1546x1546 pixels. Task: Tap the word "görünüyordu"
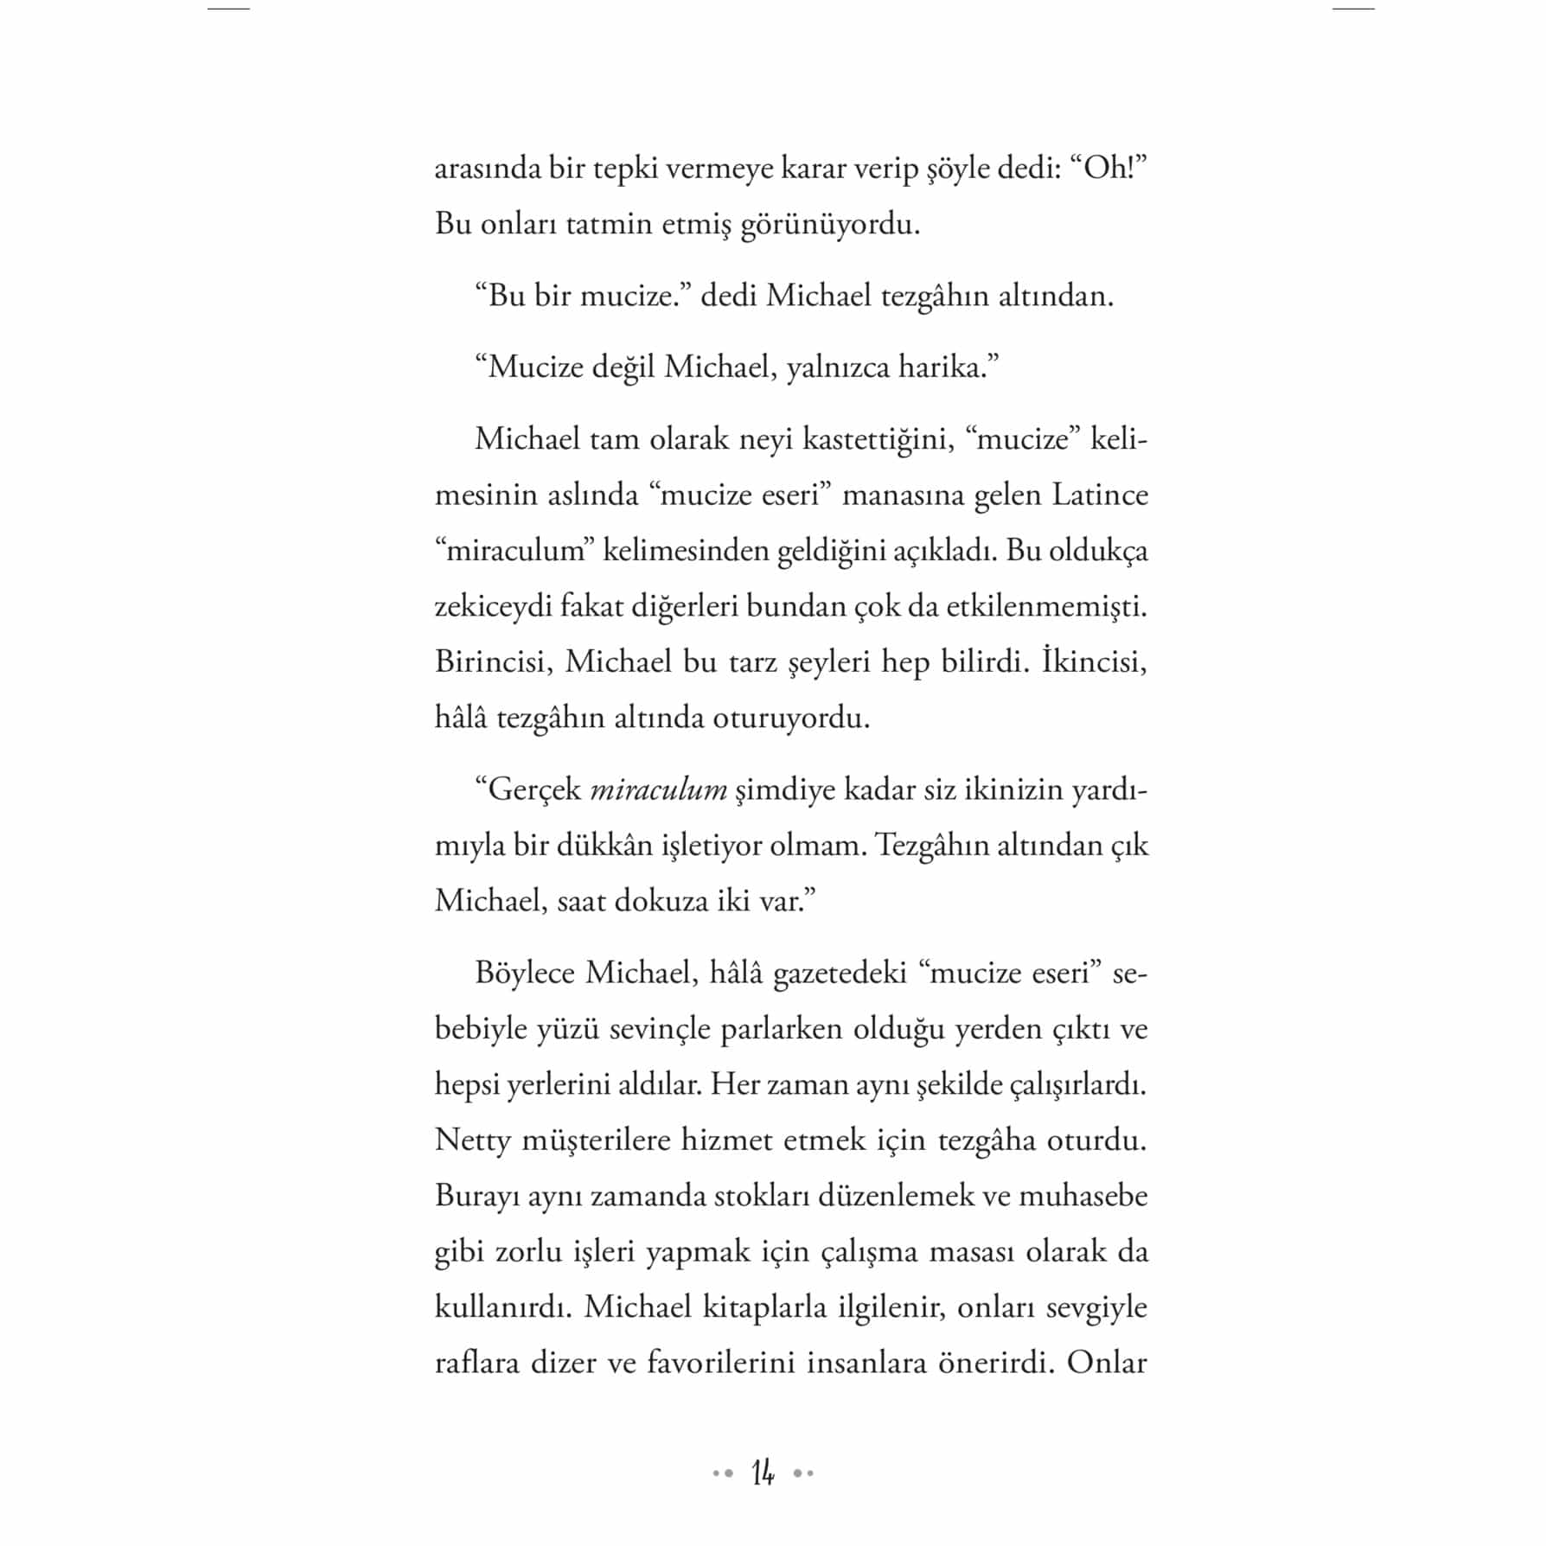[830, 226]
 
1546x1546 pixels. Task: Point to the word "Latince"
[1100, 495]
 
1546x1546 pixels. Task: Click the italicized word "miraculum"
[658, 790]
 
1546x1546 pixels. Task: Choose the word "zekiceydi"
[492, 607]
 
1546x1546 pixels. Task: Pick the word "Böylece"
[525, 974]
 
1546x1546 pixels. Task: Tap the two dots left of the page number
[723, 1473]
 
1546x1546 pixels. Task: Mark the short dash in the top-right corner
[1353, 9]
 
